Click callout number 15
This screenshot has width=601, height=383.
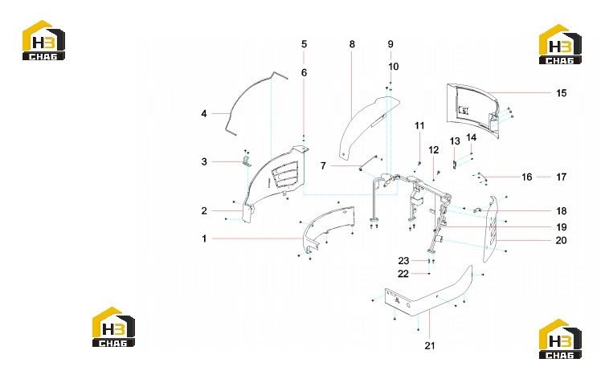point(561,93)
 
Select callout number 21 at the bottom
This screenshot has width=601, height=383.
point(430,345)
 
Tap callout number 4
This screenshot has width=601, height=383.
point(204,114)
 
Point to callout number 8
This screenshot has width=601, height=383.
point(352,44)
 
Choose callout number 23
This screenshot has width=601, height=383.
point(403,261)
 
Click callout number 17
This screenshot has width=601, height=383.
point(561,177)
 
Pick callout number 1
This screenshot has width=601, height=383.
point(204,238)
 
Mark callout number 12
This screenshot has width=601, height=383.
point(434,150)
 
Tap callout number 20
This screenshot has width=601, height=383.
point(561,241)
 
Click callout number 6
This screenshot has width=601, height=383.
point(304,73)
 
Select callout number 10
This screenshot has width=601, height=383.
point(393,67)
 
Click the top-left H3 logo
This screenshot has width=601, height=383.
point(43,40)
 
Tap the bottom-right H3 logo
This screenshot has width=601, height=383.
point(560,339)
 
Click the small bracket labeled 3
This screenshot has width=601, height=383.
point(247,160)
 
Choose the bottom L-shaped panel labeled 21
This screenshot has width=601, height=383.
point(429,295)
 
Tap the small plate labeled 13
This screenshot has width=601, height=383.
point(455,165)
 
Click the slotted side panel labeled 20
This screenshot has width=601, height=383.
point(491,229)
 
